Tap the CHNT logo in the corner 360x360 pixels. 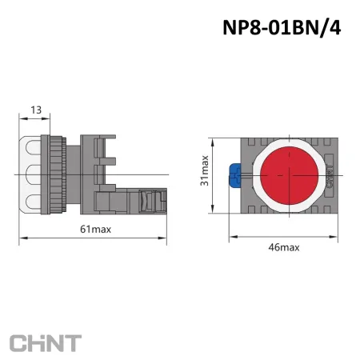[x=45, y=342]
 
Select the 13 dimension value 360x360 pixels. [x=35, y=109]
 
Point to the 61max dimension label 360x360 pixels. [x=96, y=230]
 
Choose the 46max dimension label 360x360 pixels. [x=283, y=247]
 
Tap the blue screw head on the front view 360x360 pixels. [x=236, y=174]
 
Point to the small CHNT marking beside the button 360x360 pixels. [x=330, y=174]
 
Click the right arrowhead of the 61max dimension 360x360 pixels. [x=164, y=238]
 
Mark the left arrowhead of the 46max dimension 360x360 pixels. [x=232, y=238]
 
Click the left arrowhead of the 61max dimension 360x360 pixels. [x=21, y=238]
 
